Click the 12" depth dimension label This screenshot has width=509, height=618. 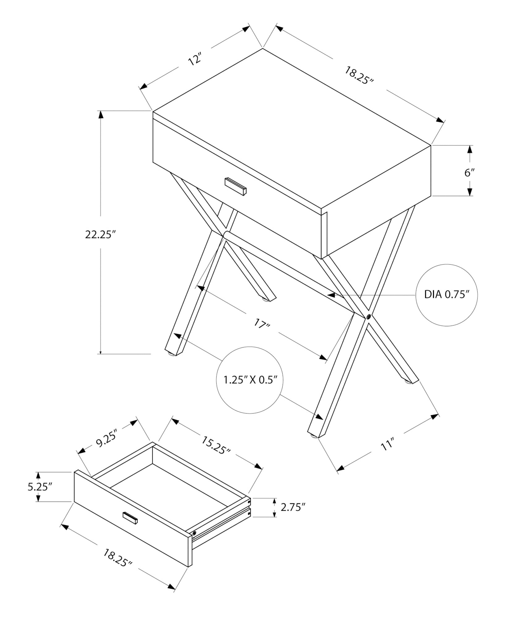195,59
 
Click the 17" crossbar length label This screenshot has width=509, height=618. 262,324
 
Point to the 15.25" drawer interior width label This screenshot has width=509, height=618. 216,445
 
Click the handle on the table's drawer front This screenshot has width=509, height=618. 236,186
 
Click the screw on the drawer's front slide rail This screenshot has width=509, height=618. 194,533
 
